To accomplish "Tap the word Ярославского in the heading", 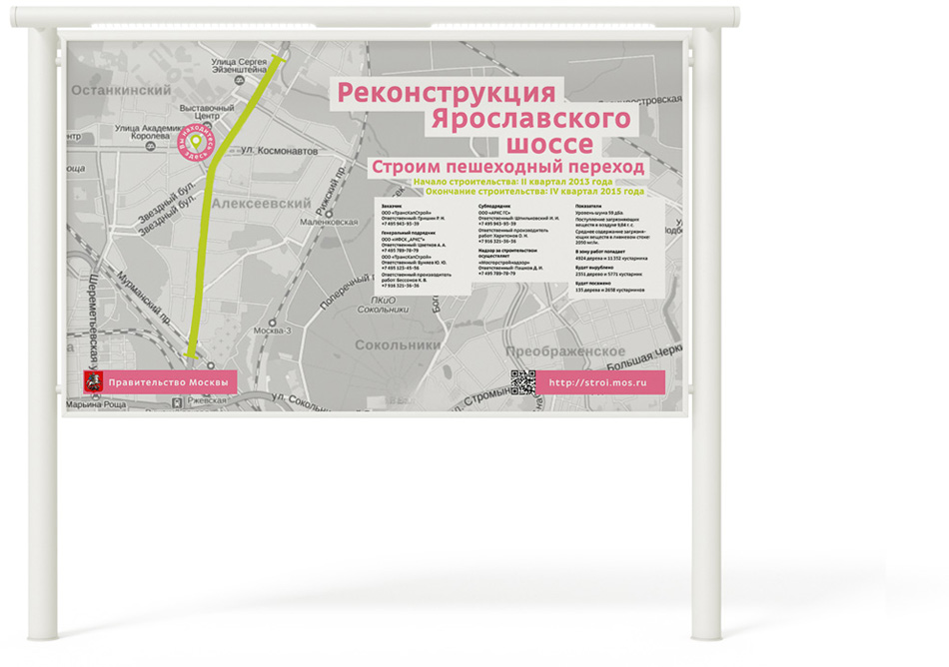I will tap(529, 120).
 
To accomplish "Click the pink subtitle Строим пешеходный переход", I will tap(506, 167).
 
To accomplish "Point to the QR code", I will tap(523, 382).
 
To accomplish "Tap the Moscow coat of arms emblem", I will tap(92, 382).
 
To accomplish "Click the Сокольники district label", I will tap(398, 344).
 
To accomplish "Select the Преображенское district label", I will tap(564, 352).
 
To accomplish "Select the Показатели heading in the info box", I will tap(588, 205).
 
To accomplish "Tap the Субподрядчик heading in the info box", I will tap(494, 205).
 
